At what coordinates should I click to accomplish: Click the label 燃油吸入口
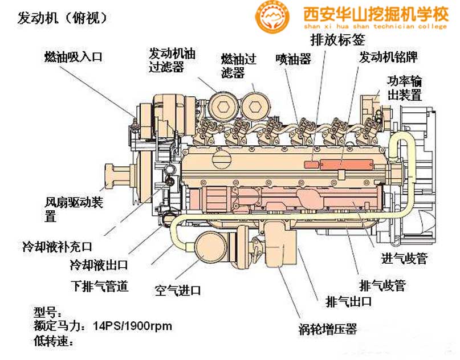tap(74, 56)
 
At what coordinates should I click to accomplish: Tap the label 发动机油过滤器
tap(172, 60)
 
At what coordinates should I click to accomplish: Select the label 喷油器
tap(293, 59)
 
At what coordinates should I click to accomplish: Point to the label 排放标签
tap(337, 39)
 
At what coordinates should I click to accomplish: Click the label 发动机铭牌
tap(388, 57)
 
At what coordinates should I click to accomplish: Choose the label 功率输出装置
tap(404, 88)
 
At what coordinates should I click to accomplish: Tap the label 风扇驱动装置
tap(74, 209)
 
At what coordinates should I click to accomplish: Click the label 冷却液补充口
tap(58, 247)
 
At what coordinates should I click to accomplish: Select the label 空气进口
tap(178, 291)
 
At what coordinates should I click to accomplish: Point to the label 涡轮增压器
tap(328, 329)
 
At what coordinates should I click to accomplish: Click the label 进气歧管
tap(404, 259)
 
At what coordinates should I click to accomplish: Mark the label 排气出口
tap(349, 302)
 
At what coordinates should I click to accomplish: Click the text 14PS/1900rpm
tap(133, 326)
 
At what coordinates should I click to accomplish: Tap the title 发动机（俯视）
tap(62, 18)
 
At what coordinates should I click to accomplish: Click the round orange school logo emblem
tap(272, 17)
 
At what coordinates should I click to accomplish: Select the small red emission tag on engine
tap(311, 164)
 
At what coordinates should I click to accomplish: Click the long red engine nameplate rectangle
tap(347, 164)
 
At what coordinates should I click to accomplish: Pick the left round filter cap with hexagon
tap(223, 106)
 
